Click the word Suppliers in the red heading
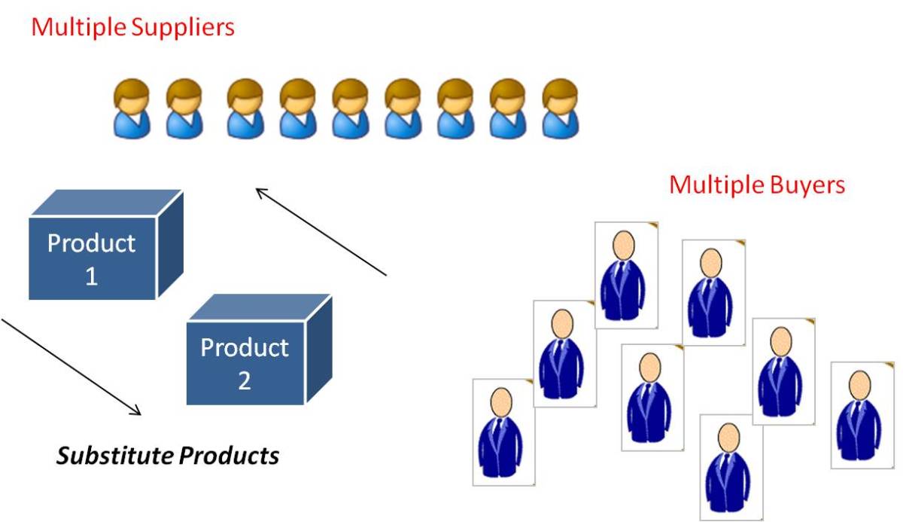coord(184,28)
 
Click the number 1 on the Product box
coord(91,276)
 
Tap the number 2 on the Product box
coord(244,380)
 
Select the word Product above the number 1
coord(91,243)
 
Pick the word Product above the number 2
coord(244,347)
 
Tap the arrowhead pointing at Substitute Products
coord(136,411)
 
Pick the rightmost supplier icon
coord(561,109)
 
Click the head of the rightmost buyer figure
coord(860,384)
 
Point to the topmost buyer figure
coord(625,275)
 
